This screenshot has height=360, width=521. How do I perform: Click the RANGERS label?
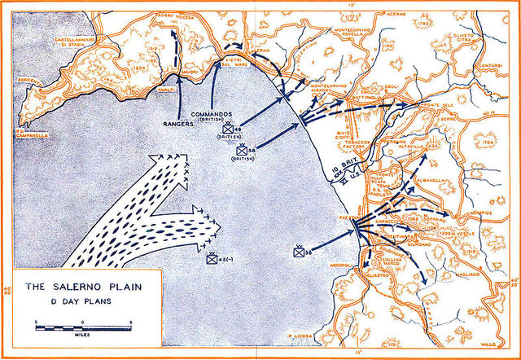[x=178, y=125]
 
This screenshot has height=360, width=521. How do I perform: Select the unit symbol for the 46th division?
[x=228, y=128]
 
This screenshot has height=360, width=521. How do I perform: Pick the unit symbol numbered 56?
[x=242, y=151]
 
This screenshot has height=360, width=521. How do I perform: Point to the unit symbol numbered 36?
[x=299, y=252]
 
